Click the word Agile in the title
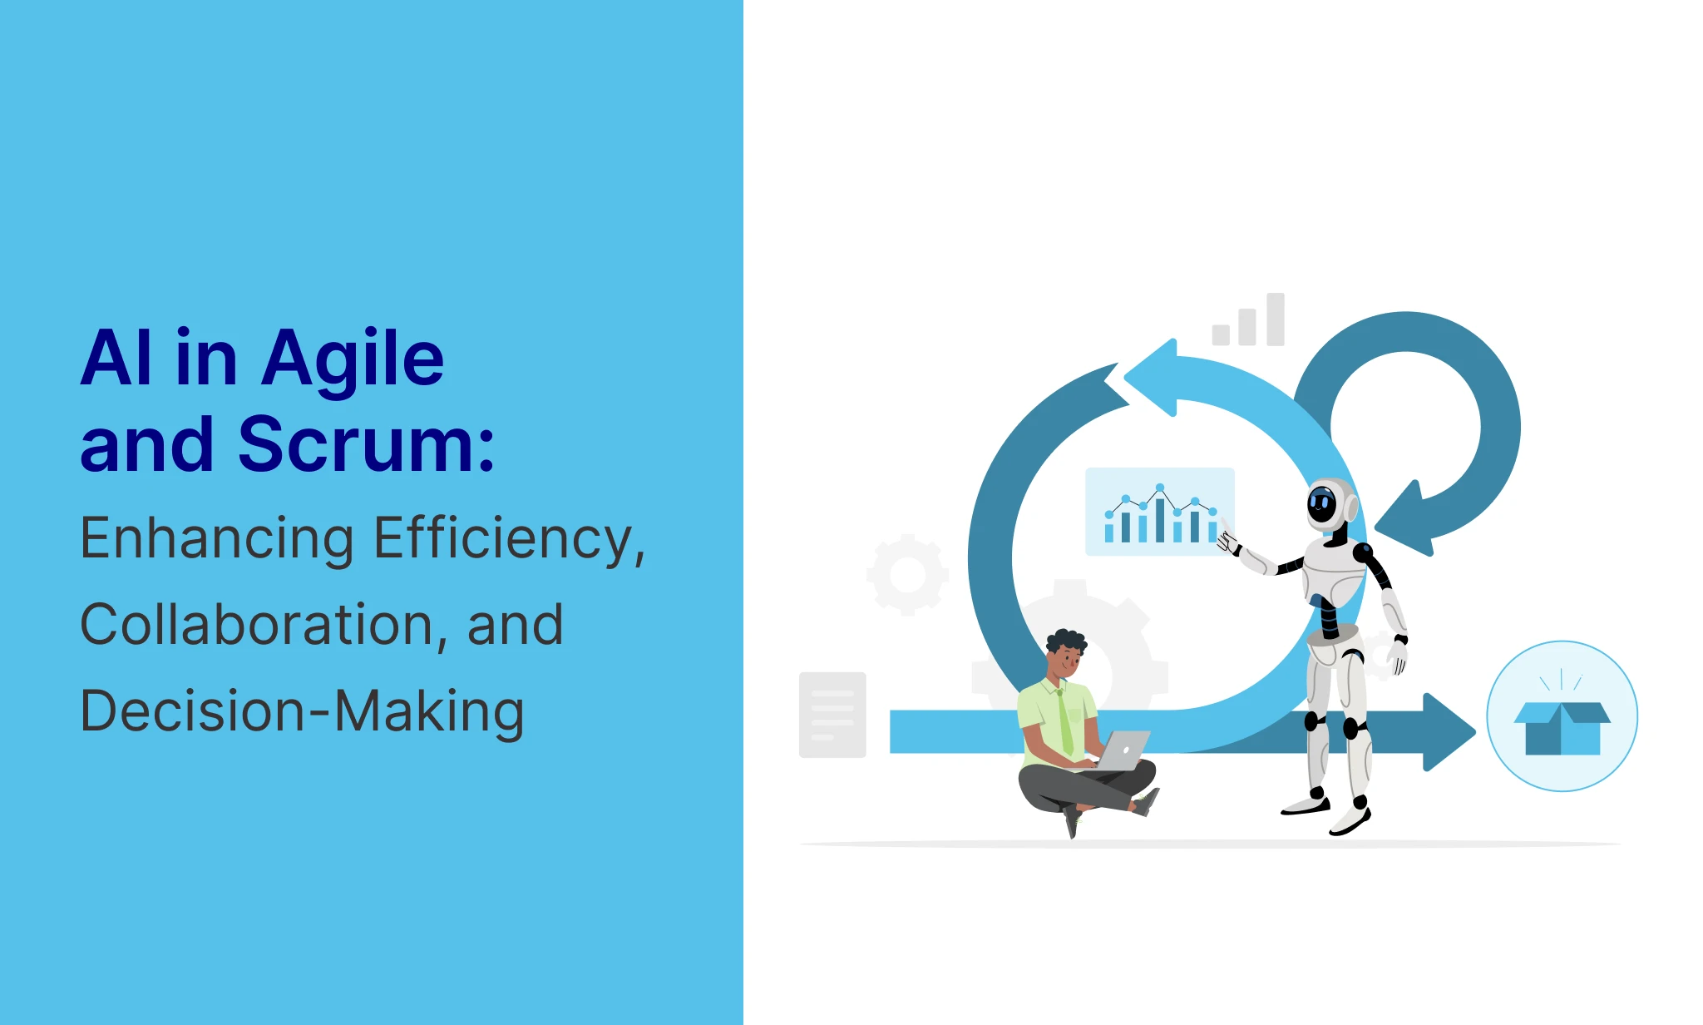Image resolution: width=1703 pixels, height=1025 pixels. (353, 360)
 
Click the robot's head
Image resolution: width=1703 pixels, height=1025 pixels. (1330, 504)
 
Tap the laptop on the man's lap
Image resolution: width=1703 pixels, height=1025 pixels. (1123, 750)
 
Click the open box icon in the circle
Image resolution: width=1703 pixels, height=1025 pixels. (1562, 726)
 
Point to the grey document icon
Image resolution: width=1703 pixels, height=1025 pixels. (832, 715)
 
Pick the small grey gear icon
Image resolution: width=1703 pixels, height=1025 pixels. (907, 575)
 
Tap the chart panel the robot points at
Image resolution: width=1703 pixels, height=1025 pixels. (1160, 512)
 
